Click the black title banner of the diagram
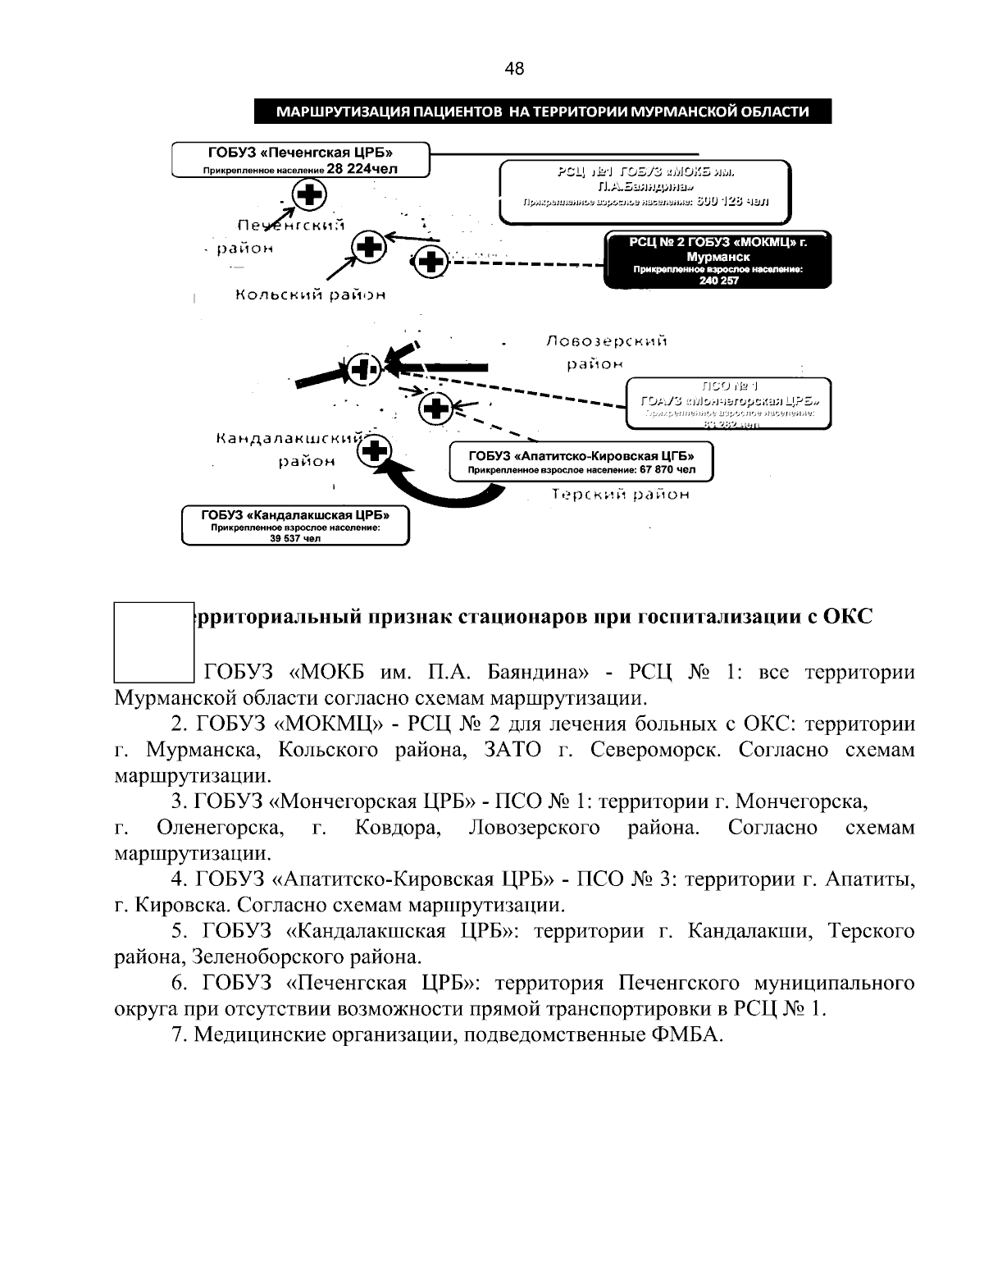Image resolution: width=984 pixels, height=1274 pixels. pos(542,112)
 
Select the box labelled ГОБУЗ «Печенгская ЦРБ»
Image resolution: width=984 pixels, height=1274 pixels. pos(301,159)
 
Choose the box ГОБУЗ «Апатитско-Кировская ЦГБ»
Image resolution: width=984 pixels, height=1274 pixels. pos(581,462)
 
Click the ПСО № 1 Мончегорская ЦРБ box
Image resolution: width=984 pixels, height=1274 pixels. pos(729,402)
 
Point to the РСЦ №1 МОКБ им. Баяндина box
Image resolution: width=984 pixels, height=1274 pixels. pos(645,190)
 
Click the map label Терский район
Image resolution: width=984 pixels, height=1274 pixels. pos(620,495)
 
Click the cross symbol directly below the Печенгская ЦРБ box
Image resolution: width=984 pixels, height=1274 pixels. pos(309,195)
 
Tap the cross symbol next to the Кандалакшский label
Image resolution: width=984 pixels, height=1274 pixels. pos(376,450)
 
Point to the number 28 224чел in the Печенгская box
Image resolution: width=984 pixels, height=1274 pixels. pos(362,170)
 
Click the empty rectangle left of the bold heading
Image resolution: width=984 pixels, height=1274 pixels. pos(153,642)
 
